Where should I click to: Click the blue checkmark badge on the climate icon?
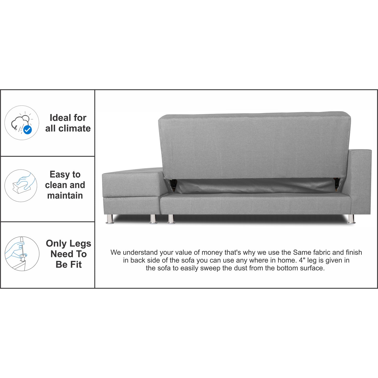28,129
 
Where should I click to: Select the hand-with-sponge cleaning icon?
21,186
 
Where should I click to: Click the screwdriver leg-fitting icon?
22,254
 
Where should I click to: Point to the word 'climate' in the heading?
75,128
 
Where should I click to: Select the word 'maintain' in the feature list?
65,196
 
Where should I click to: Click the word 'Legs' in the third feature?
80,244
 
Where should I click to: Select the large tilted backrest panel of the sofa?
255,145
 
